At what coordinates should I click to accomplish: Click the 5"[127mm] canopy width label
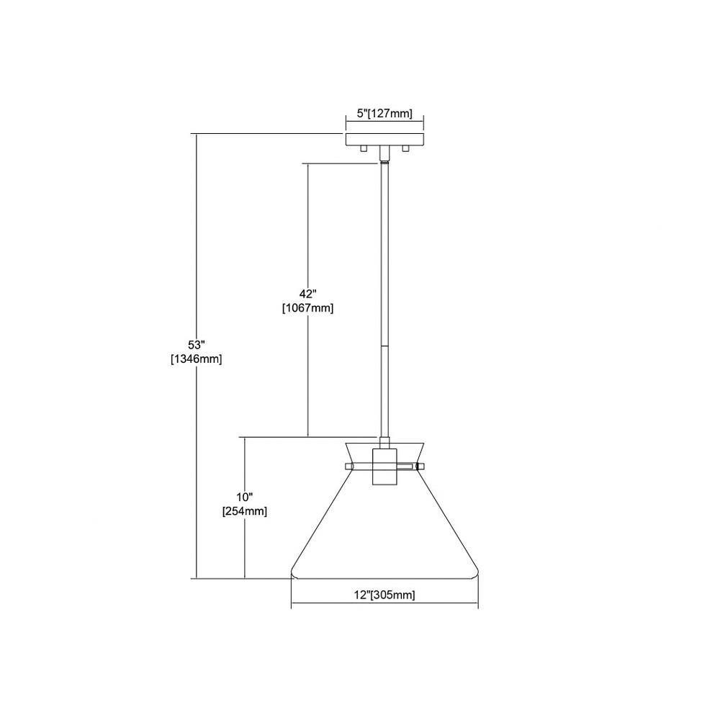coord(384,113)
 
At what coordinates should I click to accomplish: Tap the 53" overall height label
coord(196,345)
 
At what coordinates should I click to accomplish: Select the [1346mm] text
coord(196,359)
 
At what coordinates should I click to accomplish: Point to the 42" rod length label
coord(307,294)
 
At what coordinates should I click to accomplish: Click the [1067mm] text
coord(307,308)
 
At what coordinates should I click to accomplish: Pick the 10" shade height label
coord(245,497)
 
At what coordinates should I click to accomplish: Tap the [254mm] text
coord(245,511)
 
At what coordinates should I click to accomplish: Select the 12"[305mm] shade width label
coord(384,595)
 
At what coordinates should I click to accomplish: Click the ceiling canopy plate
coord(384,140)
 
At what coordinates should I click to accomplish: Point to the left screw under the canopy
coord(364,148)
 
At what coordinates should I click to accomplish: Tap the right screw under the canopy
coord(405,148)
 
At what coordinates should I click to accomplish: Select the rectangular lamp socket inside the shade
coord(384,467)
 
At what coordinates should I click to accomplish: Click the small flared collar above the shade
coord(384,453)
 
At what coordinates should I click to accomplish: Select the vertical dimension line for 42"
coord(307,300)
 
